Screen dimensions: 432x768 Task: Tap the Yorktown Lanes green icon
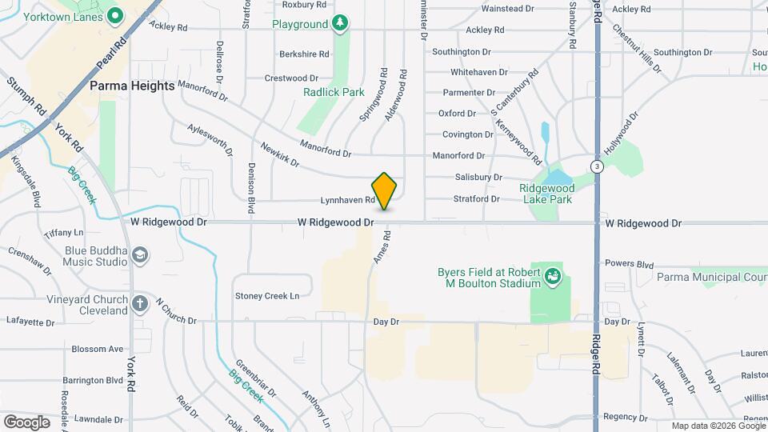[115, 14]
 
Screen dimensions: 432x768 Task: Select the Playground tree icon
[341, 23]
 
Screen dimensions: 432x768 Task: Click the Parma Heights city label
[132, 85]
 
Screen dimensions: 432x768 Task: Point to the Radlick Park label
[334, 92]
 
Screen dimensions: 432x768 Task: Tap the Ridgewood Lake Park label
[546, 193]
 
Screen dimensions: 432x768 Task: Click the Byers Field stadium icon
[552, 278]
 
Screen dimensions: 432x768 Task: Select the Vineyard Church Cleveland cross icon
[139, 303]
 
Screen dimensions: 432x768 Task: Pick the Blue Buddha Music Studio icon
[140, 255]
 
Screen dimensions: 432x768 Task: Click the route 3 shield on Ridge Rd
[597, 166]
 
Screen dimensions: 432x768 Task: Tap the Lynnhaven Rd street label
[347, 199]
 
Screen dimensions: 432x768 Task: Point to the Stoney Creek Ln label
[267, 296]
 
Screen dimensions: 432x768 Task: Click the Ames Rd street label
[381, 247]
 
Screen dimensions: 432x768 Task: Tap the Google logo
[26, 422]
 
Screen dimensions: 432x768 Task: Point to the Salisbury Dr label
[478, 177]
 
